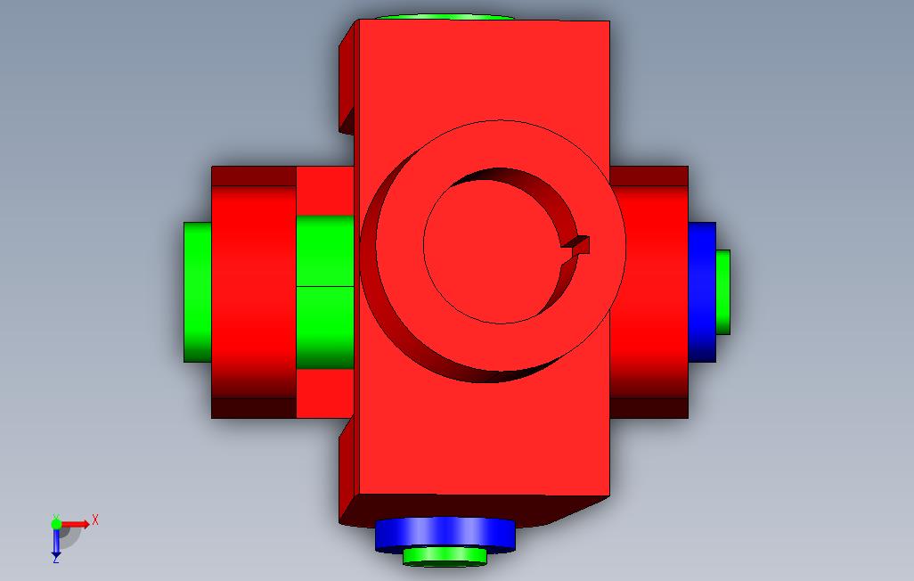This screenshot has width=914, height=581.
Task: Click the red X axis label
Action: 95,519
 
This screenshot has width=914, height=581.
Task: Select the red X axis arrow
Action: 77,523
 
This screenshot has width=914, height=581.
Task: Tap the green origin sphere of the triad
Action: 56,524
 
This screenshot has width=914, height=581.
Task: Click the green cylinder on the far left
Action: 197,292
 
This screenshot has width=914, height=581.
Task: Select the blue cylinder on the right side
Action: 702,292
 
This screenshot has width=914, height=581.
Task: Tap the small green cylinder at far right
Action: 723,292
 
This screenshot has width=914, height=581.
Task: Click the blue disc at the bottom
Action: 445,534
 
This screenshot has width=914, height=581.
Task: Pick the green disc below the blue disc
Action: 445,557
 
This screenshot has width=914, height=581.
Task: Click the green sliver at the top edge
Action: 445,17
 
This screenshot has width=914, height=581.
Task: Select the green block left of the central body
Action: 325,292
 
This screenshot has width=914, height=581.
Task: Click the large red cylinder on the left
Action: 253,292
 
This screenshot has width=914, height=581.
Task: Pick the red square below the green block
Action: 325,393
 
